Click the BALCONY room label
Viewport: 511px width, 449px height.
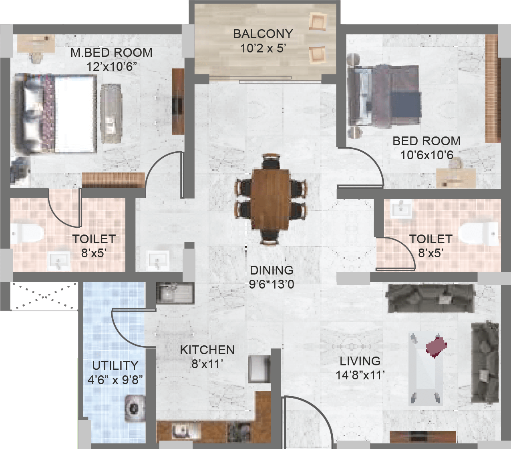pos(263,34)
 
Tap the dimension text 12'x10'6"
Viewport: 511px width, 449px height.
pos(111,67)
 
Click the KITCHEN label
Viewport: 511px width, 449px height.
pos(207,350)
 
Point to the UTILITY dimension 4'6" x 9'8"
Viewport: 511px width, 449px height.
pos(115,379)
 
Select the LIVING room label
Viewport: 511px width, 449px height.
pos(360,361)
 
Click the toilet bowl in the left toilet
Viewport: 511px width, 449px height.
pos(28,233)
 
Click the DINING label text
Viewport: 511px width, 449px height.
pos(272,270)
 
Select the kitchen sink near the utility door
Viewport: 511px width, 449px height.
pos(174,293)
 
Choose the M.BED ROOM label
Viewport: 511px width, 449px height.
pos(111,53)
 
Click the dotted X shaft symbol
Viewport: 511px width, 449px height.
pos(44,296)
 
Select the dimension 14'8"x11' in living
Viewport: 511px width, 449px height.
pos(360,376)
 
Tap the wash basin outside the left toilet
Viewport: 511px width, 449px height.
pos(158,259)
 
